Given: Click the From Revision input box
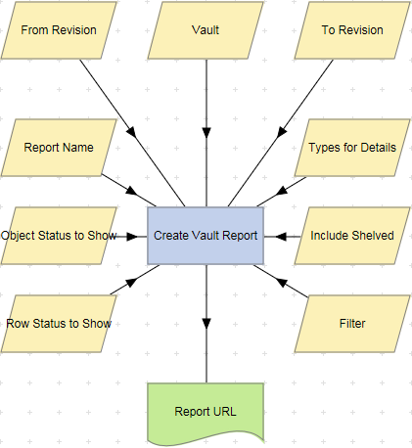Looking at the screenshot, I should (x=59, y=30).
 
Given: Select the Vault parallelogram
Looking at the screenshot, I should (x=206, y=30).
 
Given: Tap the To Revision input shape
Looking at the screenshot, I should (x=352, y=30).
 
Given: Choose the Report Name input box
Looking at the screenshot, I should (x=59, y=148).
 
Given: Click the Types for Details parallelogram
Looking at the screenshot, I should (x=352, y=148).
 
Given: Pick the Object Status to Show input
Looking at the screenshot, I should (x=59, y=236).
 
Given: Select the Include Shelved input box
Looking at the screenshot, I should (x=352, y=236).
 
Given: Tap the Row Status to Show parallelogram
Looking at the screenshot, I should (x=59, y=323).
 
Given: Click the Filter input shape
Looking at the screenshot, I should (x=352, y=323).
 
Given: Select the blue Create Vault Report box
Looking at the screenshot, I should (x=206, y=236).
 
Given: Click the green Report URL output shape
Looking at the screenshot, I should (x=206, y=411).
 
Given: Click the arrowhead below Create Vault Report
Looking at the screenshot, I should (x=206, y=326).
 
